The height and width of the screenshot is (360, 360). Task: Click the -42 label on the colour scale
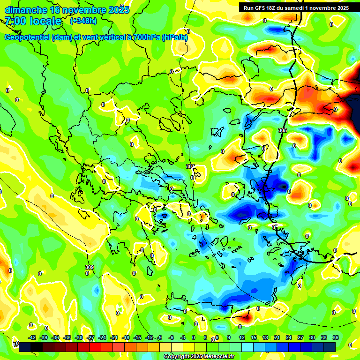click(x=32, y=337)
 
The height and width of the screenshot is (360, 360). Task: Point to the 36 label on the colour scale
click(x=335, y=337)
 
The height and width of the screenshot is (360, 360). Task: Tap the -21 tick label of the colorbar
click(x=114, y=337)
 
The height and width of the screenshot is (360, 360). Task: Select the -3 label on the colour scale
click(x=183, y=337)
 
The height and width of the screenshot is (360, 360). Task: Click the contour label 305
click(x=283, y=130)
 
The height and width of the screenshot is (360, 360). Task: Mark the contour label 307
click(x=190, y=166)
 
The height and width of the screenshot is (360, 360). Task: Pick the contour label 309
click(x=89, y=267)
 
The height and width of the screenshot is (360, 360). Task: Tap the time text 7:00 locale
click(x=33, y=21)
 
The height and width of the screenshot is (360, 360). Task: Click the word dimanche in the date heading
click(x=26, y=10)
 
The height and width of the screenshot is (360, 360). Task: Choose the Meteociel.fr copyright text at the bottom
click(x=199, y=357)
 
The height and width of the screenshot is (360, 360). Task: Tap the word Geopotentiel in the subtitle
click(x=27, y=37)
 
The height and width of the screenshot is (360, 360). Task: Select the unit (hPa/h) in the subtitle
click(x=175, y=37)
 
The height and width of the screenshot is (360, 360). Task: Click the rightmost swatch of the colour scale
click(x=330, y=346)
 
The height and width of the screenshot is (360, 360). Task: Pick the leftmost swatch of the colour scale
click(x=25, y=346)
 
